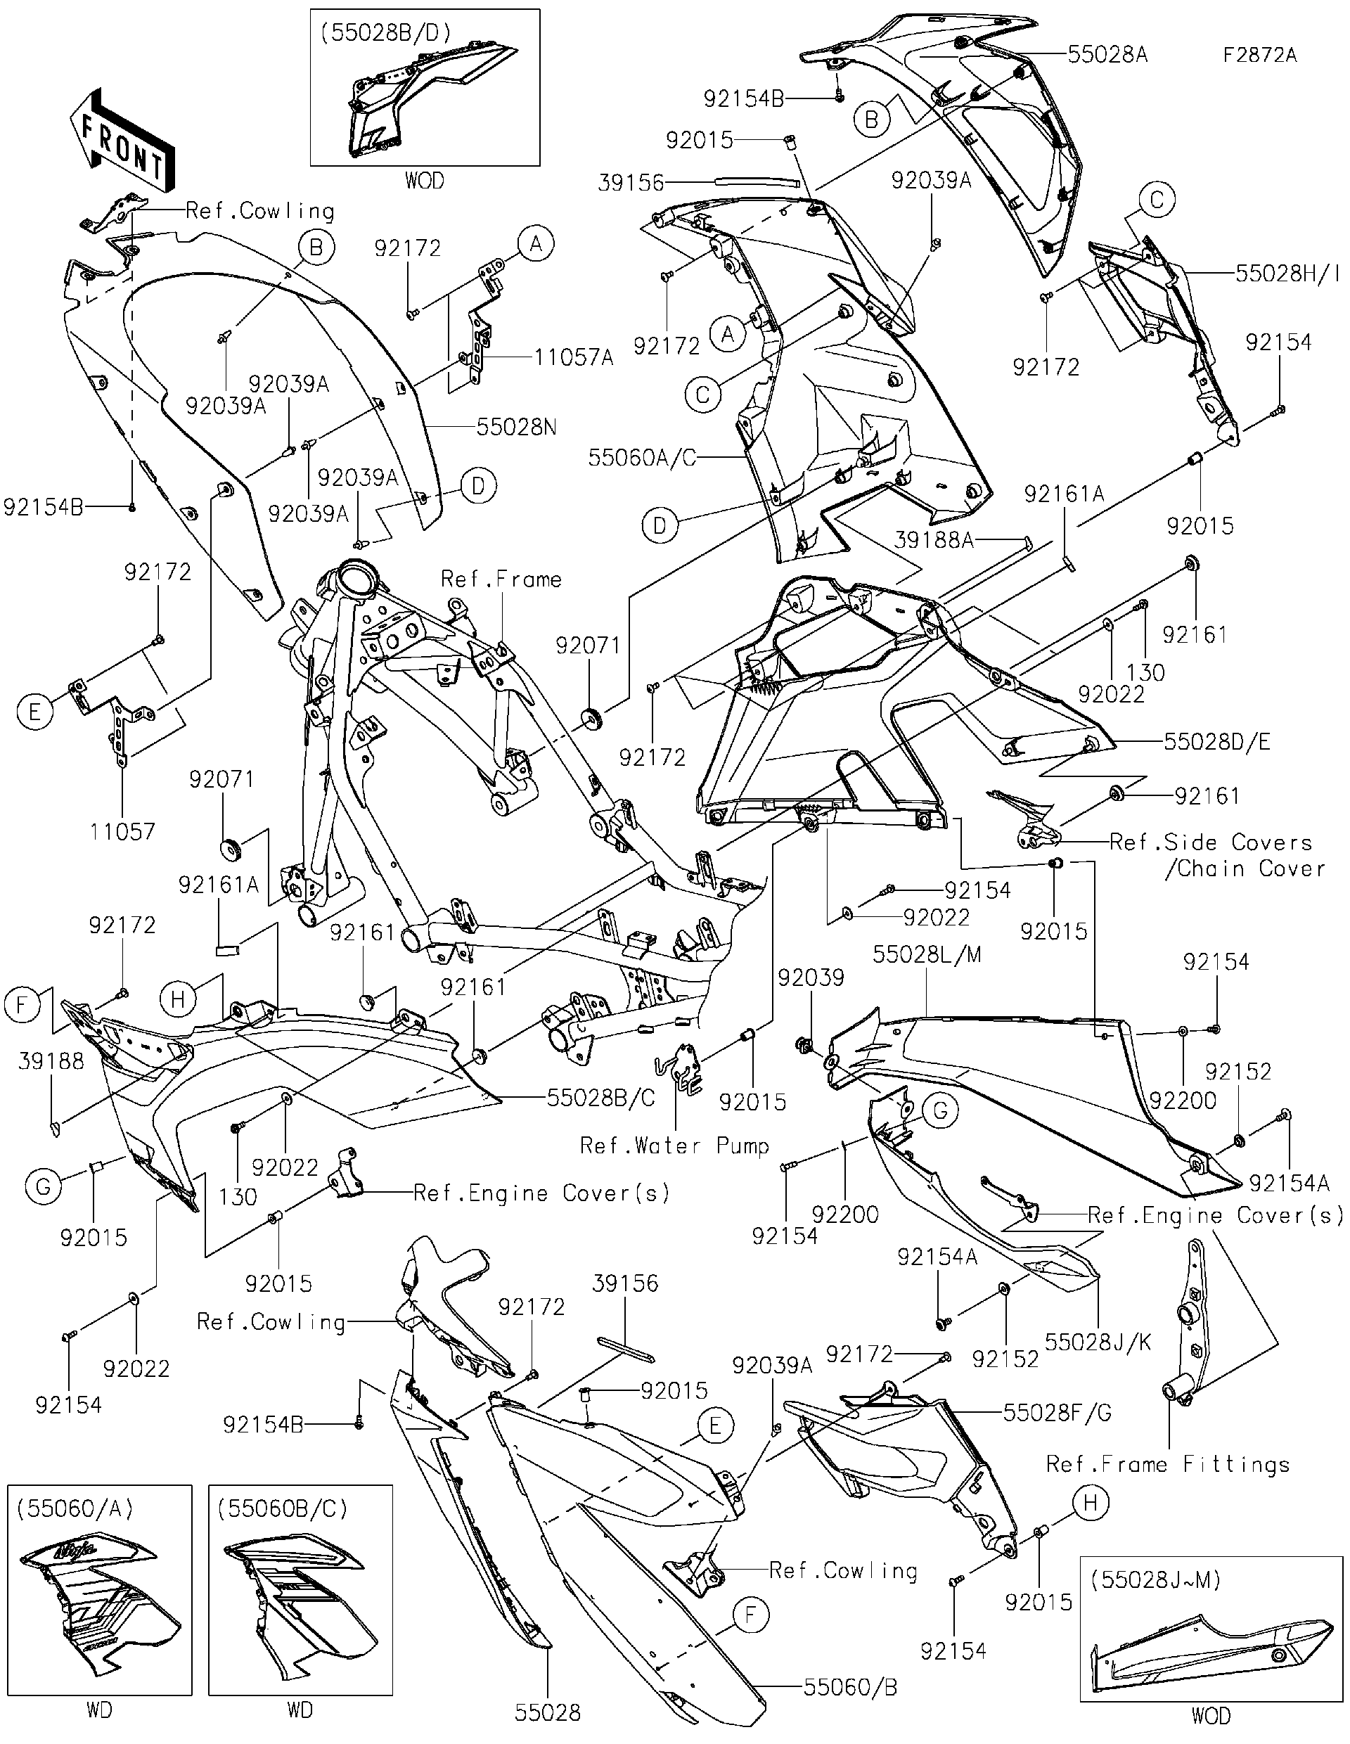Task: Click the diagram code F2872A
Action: pos(1260,55)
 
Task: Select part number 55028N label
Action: pos(517,428)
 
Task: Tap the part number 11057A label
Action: pos(574,357)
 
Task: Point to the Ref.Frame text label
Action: pos(501,579)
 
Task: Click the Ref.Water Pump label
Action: pos(674,1145)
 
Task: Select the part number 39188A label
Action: pos(934,540)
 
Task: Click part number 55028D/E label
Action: pos(1216,741)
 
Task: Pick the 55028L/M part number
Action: pos(926,954)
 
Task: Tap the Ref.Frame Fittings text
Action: pos(1168,1463)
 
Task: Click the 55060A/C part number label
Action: pos(642,458)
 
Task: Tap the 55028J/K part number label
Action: pos(1098,1342)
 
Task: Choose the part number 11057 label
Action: pos(122,831)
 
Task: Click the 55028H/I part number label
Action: pos(1287,273)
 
